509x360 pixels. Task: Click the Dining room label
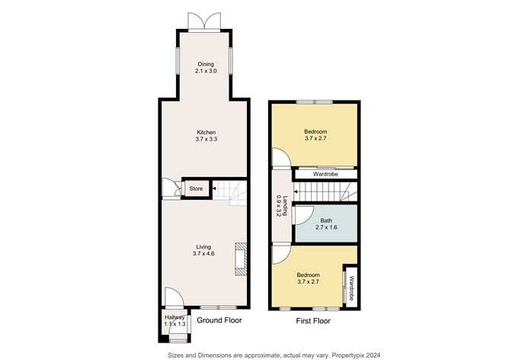point(206,64)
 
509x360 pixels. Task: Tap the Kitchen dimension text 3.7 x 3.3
point(206,140)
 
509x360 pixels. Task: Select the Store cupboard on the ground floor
point(196,188)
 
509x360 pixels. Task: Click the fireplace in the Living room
point(241,258)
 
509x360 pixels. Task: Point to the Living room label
point(203,246)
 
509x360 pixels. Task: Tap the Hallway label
point(174,317)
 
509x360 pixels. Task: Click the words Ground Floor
point(219,321)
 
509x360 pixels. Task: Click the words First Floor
point(313,322)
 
